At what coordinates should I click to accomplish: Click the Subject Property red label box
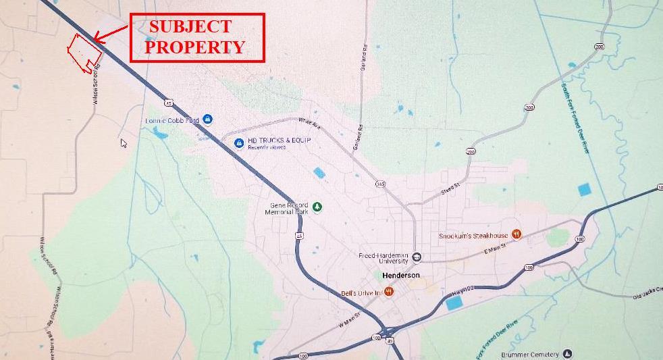pyautogui.click(x=196, y=37)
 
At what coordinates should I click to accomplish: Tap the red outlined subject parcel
pyautogui.click(x=84, y=53)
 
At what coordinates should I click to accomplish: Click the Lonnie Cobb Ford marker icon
pyautogui.click(x=207, y=120)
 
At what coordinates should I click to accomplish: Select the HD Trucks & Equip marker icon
pyautogui.click(x=238, y=143)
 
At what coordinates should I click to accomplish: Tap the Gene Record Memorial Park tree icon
pyautogui.click(x=317, y=207)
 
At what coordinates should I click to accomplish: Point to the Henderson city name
pyautogui.click(x=400, y=276)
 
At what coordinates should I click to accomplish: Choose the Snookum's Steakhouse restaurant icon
pyautogui.click(x=516, y=234)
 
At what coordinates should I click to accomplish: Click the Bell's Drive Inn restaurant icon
pyautogui.click(x=389, y=292)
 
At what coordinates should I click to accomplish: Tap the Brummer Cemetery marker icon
pyautogui.click(x=567, y=354)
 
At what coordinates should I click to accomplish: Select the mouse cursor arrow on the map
pyautogui.click(x=124, y=143)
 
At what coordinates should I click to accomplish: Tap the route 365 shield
pyautogui.click(x=381, y=184)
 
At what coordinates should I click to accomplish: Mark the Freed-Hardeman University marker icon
pyautogui.click(x=417, y=257)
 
